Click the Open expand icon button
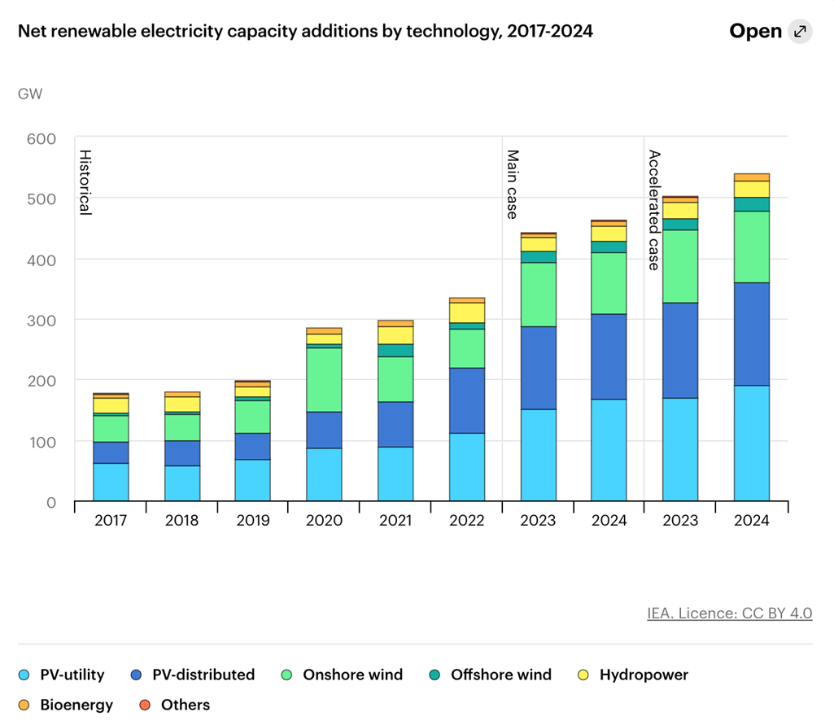[x=800, y=32]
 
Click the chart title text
[x=305, y=32]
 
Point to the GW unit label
[x=30, y=94]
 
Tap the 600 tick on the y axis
[x=41, y=138]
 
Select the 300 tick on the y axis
[x=41, y=320]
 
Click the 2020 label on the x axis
[x=324, y=521]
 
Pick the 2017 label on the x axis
[x=111, y=521]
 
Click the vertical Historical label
[x=84, y=182]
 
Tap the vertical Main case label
[x=512, y=184]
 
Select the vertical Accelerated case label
[x=653, y=209]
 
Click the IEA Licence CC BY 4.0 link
[x=729, y=614]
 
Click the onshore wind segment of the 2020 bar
[x=324, y=379]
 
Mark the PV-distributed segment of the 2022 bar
[x=467, y=400]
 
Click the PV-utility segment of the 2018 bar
[x=182, y=483]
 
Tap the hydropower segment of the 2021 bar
[x=395, y=335]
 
